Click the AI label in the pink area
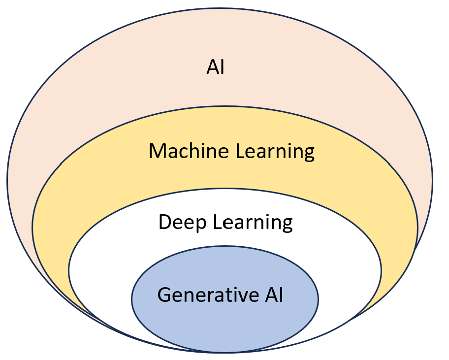[x=216, y=67]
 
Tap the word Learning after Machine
[x=275, y=152]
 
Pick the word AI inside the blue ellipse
[x=271, y=295]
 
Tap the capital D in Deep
[x=164, y=222]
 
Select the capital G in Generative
[x=164, y=295]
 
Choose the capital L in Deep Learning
[x=217, y=222]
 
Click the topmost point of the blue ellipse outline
[x=224, y=246]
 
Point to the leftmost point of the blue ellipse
[x=131, y=299]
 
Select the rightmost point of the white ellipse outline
[x=382, y=270]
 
